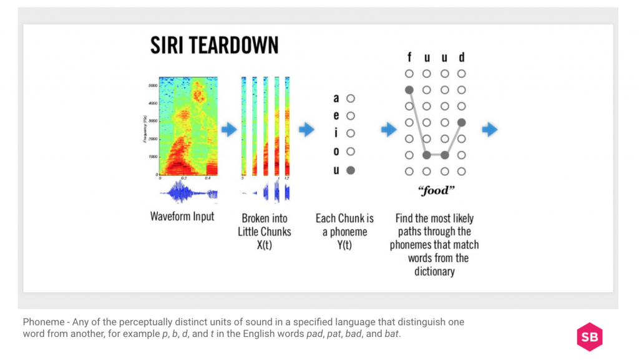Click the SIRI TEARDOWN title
(214, 46)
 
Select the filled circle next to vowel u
(351, 170)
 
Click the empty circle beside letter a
(351, 99)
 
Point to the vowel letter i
(336, 134)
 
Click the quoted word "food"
(435, 191)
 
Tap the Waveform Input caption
(182, 216)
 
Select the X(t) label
(264, 245)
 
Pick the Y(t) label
(344, 245)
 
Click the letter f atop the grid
(409, 57)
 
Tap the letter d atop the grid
(462, 57)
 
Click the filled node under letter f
(409, 90)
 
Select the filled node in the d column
(462, 122)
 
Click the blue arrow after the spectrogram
(230, 130)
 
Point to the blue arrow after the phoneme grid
(490, 130)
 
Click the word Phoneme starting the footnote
(43, 322)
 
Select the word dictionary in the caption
(434, 271)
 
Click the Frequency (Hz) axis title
(144, 129)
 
